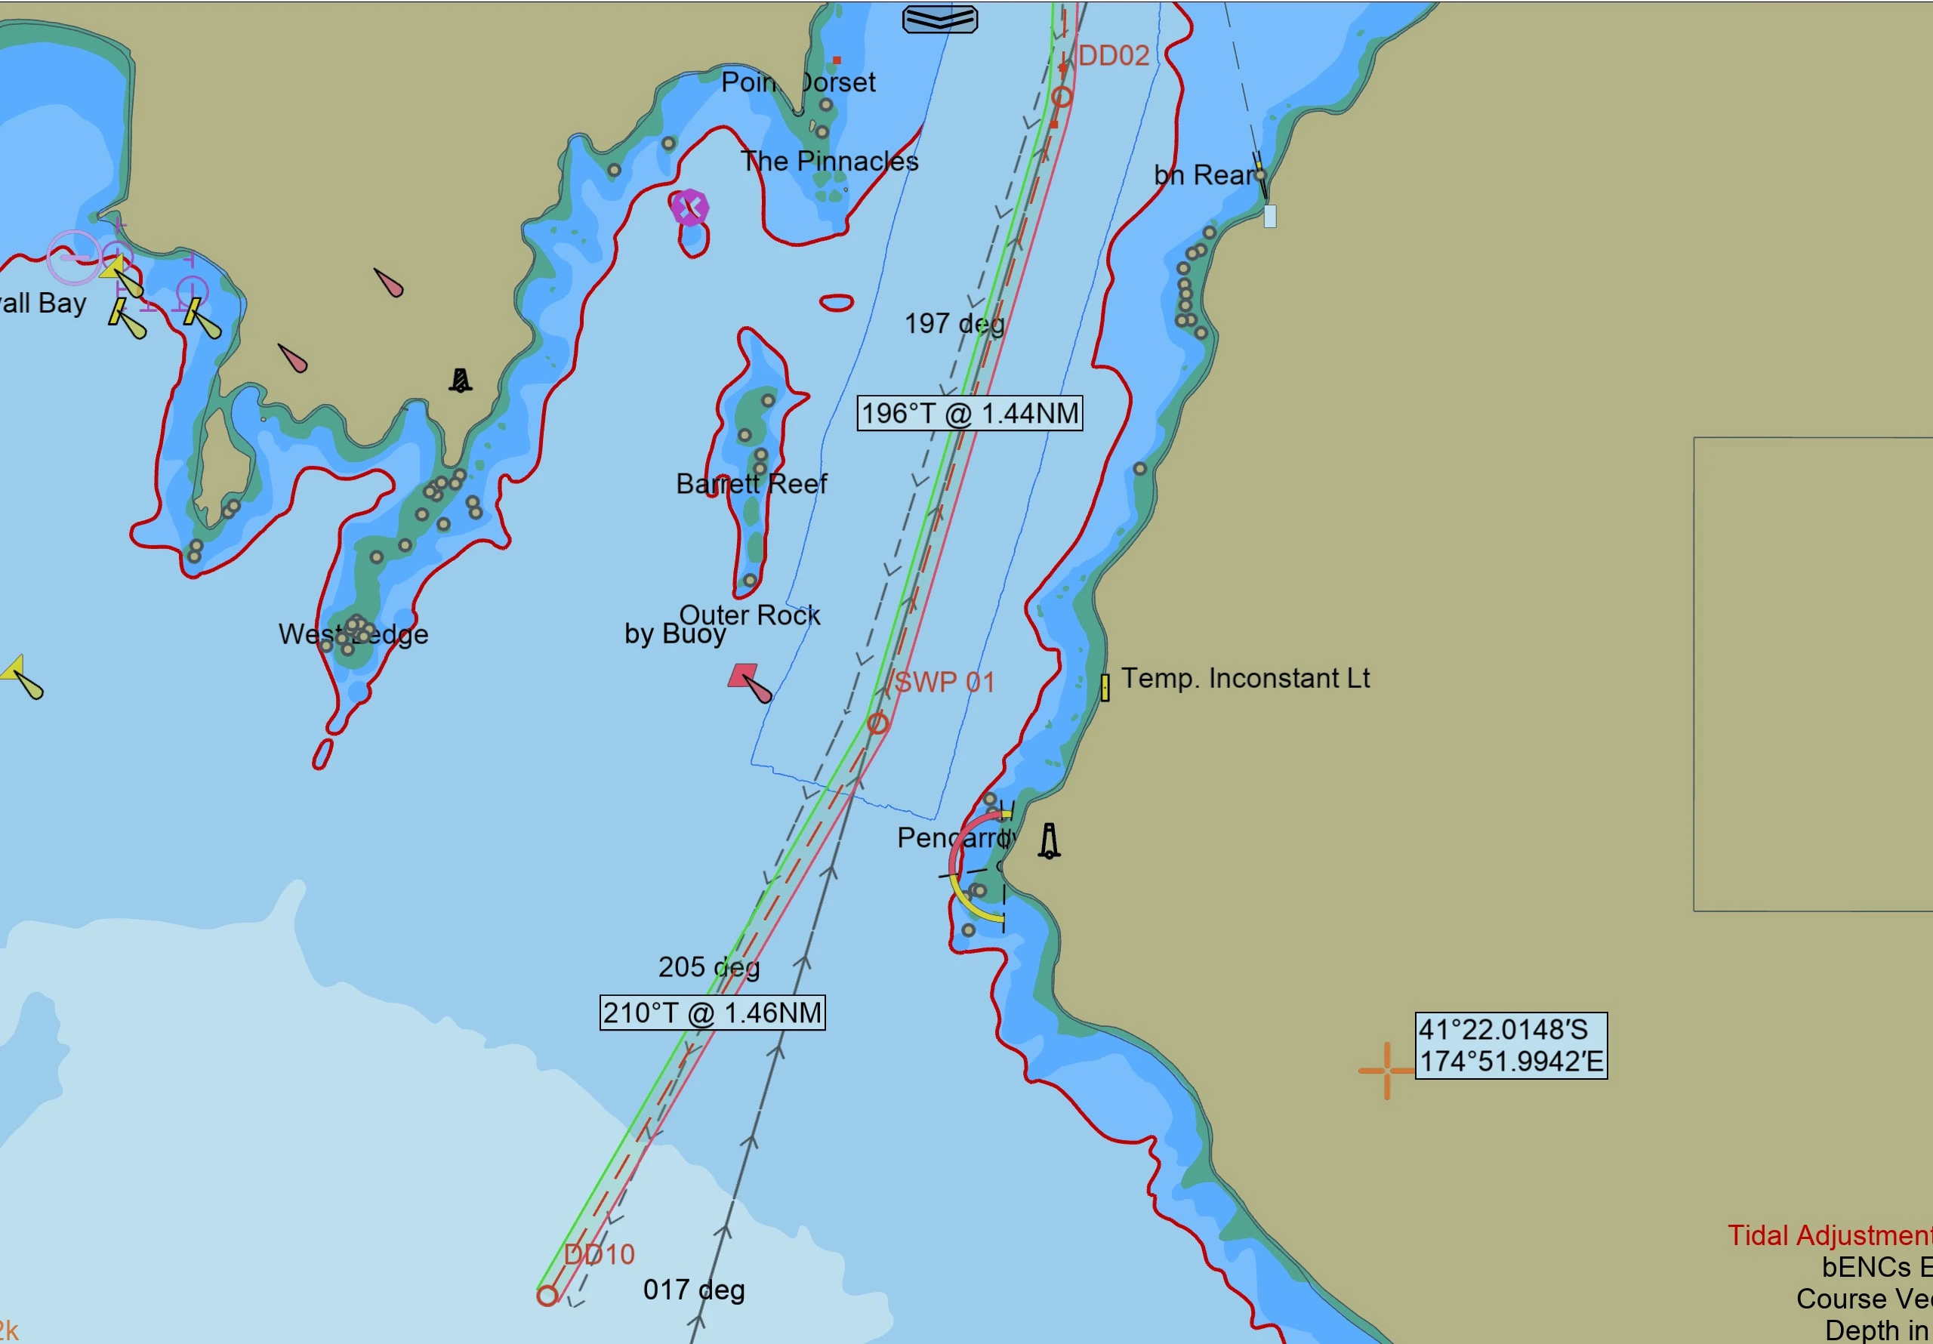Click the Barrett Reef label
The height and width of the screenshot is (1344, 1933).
pyautogui.click(x=751, y=484)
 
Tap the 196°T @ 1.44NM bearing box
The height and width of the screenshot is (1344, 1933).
pyautogui.click(x=969, y=414)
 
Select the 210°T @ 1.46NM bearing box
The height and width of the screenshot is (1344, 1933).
pyautogui.click(x=711, y=1013)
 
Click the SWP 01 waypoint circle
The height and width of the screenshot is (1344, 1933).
pyautogui.click(x=878, y=723)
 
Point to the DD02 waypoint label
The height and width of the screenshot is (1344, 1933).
pyautogui.click(x=1113, y=57)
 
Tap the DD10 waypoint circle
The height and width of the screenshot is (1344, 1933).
pyautogui.click(x=547, y=1296)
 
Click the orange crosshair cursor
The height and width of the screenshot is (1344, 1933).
pyautogui.click(x=1386, y=1071)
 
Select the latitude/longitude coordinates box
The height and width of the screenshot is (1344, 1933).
pyautogui.click(x=1510, y=1046)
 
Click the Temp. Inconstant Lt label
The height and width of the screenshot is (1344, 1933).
pyautogui.click(x=1245, y=679)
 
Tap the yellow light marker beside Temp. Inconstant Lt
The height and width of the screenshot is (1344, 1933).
pyautogui.click(x=1105, y=688)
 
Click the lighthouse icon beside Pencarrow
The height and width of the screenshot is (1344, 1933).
pyautogui.click(x=1049, y=841)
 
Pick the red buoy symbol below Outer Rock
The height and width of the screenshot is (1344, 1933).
pyautogui.click(x=742, y=677)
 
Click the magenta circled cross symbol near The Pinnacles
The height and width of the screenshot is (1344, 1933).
pyautogui.click(x=689, y=207)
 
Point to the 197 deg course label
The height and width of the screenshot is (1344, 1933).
pyautogui.click(x=954, y=324)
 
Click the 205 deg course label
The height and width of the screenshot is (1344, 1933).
pyautogui.click(x=709, y=967)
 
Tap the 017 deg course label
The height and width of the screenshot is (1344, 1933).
pyautogui.click(x=694, y=1290)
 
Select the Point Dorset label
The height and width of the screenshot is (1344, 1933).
pyautogui.click(x=797, y=82)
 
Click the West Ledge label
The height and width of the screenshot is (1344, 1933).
pyautogui.click(x=353, y=634)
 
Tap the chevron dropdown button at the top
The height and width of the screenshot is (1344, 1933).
pyautogui.click(x=939, y=19)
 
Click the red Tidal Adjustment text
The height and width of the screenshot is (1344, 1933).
pyautogui.click(x=1829, y=1236)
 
